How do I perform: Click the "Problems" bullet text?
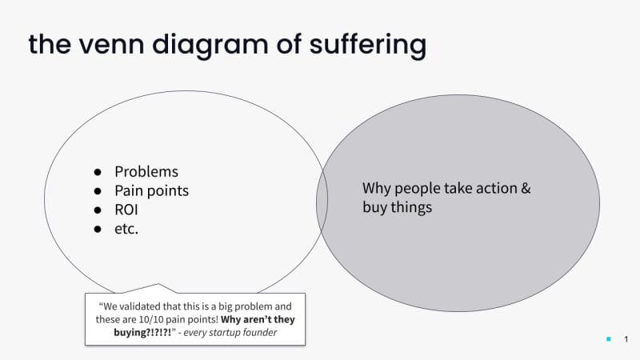click(x=146, y=172)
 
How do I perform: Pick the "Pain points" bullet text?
click(x=152, y=191)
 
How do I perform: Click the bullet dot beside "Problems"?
click(x=98, y=173)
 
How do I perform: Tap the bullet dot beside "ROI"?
click(x=98, y=211)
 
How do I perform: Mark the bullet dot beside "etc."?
click(x=98, y=230)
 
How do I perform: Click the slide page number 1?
click(x=626, y=340)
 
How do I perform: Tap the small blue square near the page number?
click(x=608, y=340)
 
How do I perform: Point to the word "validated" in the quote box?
click(x=146, y=306)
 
